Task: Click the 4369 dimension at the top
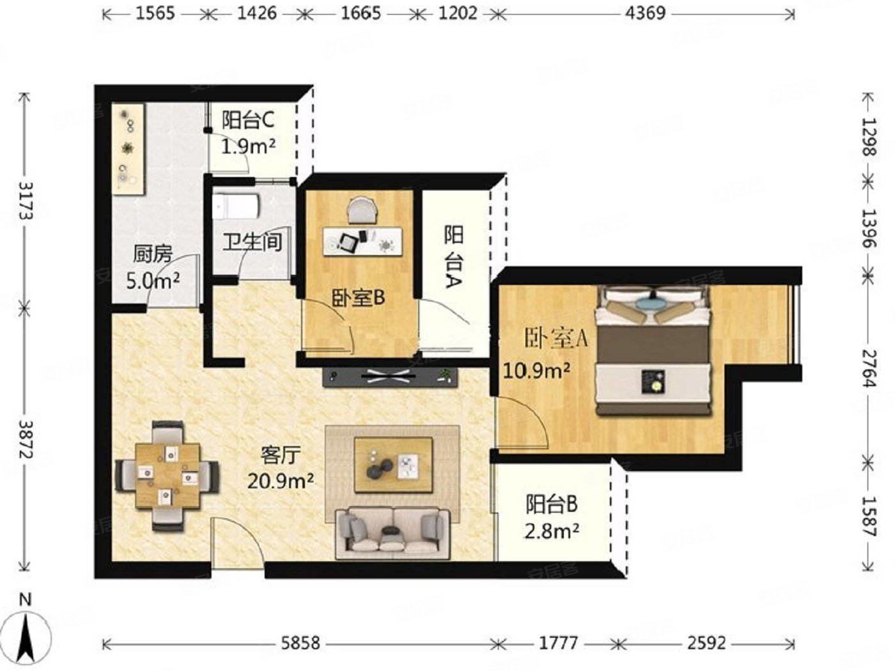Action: pyautogui.click(x=645, y=13)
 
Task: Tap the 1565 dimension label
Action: pyautogui.click(x=155, y=13)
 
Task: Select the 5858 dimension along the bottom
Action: pyautogui.click(x=300, y=643)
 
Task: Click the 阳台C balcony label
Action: pyautogui.click(x=248, y=121)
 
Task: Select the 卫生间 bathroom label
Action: pyautogui.click(x=253, y=242)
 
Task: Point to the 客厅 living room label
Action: pyautogui.click(x=280, y=456)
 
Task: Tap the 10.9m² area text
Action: pyautogui.click(x=536, y=371)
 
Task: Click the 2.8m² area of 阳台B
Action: pyautogui.click(x=551, y=531)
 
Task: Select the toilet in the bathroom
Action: pyautogui.click(x=237, y=206)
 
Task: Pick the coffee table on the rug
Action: pyautogui.click(x=393, y=465)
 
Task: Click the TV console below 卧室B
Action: pyautogui.click(x=390, y=377)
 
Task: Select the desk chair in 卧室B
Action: pyautogui.click(x=361, y=210)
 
